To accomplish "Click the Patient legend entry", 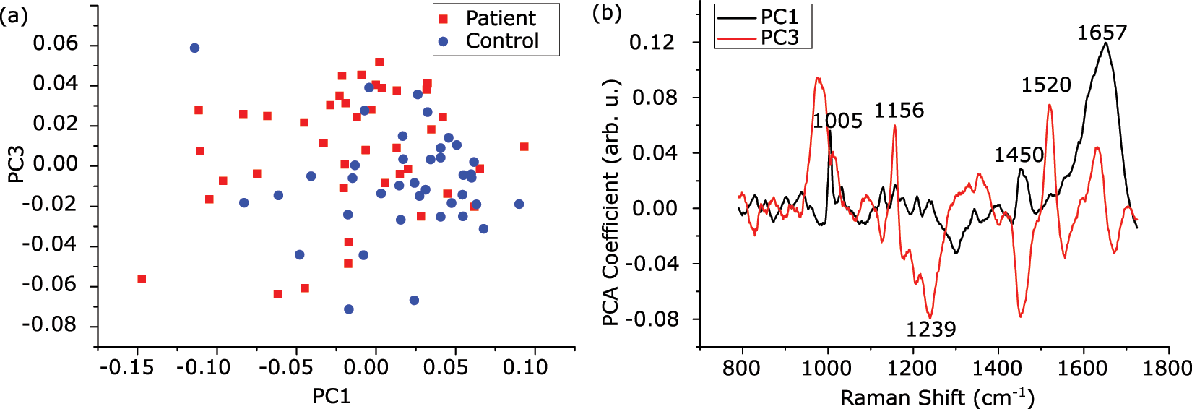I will point(500,18).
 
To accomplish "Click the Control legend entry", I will point(501,41).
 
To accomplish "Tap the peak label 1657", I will point(1102,33).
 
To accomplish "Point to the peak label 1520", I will point(1045,85).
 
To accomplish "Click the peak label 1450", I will point(1019,155).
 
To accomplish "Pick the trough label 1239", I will point(930,330).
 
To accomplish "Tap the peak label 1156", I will point(899,111).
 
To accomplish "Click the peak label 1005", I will point(837,121).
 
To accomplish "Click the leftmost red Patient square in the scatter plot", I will point(142,279).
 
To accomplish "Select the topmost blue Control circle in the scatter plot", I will point(194,48).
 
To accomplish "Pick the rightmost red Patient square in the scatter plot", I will point(524,147).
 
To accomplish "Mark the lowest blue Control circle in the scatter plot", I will point(349,309).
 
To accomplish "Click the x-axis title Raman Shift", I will point(937,397).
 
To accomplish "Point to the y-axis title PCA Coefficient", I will point(611,202).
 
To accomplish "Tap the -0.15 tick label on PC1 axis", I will point(126,368).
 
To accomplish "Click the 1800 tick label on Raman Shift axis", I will point(1167,368).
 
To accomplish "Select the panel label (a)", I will point(14,14).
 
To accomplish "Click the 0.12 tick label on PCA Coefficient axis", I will point(652,43).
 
